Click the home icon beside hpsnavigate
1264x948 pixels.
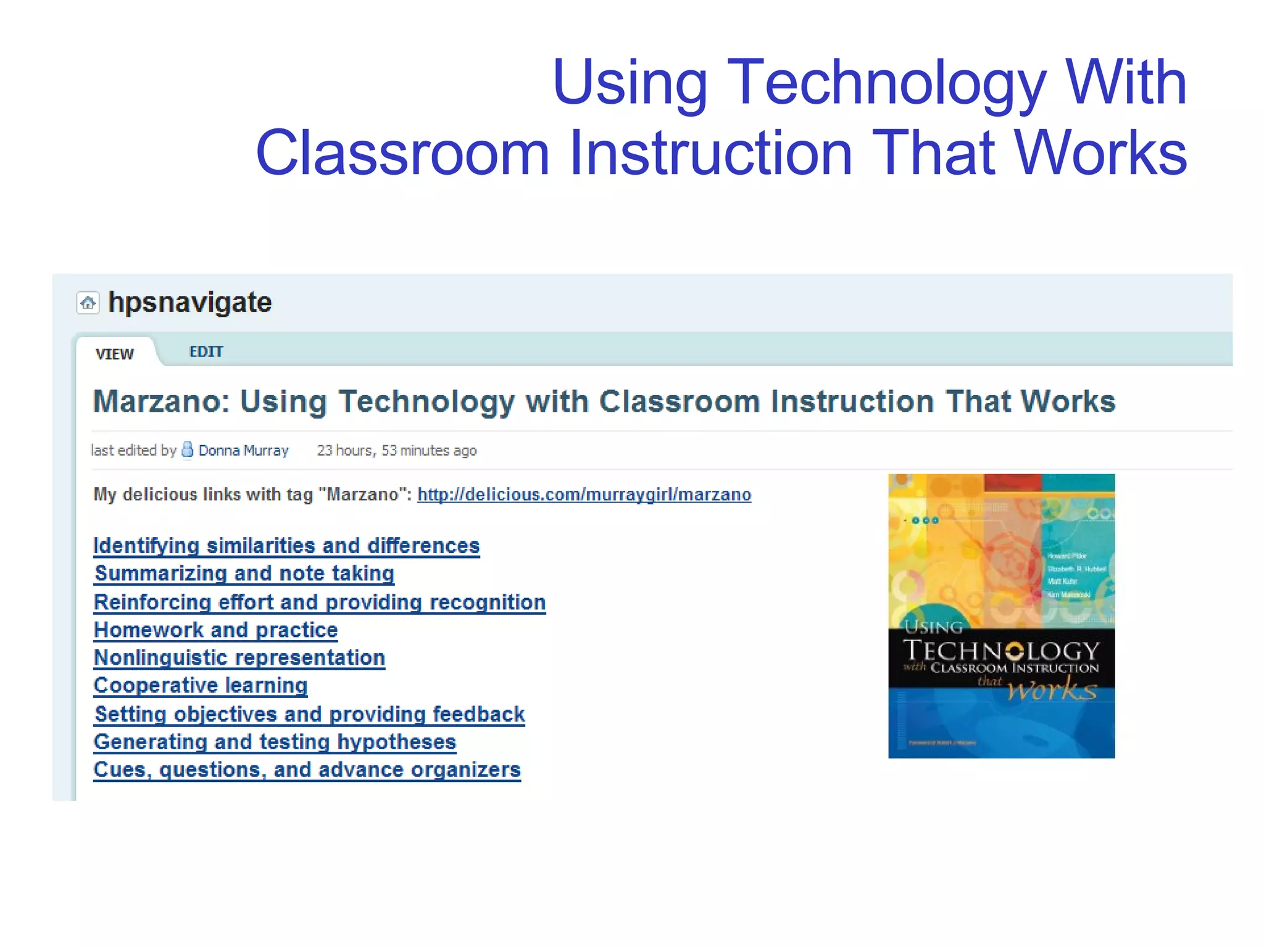[x=88, y=303]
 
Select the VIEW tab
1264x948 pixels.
[x=115, y=354]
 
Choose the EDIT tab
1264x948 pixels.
[x=206, y=352]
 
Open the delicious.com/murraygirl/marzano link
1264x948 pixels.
[x=584, y=494]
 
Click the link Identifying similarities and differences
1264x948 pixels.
[x=286, y=546]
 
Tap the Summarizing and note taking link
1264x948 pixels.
[x=244, y=573]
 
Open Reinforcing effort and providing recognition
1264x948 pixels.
[x=320, y=602]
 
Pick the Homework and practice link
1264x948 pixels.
[x=216, y=630]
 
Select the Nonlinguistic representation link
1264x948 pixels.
[x=239, y=657]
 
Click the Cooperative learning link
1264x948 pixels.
[x=201, y=685]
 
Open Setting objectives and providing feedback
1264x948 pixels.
[x=310, y=714]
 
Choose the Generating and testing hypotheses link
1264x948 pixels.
[x=275, y=742]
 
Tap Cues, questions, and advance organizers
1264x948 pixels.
[x=307, y=770]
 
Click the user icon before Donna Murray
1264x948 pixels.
[x=187, y=450]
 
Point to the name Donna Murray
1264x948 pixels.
[x=244, y=451]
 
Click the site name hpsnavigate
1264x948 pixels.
[x=190, y=302]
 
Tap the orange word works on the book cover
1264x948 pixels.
[x=1052, y=689]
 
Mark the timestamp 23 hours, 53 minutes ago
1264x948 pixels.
[x=397, y=451]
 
